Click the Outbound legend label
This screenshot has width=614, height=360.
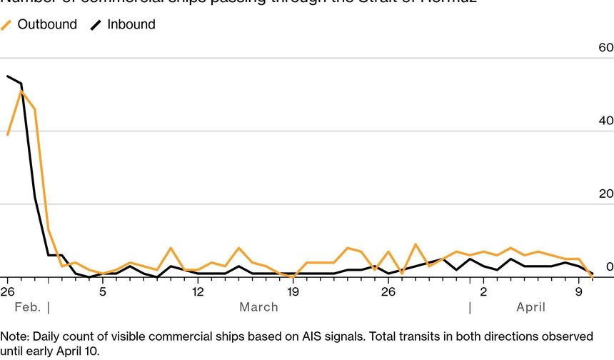[x=47, y=24]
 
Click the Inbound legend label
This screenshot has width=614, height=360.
[x=131, y=24]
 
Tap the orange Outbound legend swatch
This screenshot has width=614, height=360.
[x=7, y=25]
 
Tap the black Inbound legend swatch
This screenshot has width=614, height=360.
[x=96, y=25]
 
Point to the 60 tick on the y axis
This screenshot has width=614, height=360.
[x=605, y=48]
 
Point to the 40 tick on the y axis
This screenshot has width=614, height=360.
[x=605, y=121]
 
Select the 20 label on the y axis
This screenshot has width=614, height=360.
[x=605, y=194]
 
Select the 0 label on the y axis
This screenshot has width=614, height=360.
[x=609, y=266]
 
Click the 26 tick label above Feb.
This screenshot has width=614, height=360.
[x=8, y=291]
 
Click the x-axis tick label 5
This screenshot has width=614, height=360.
[x=103, y=291]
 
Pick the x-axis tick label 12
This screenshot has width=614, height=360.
[x=198, y=291]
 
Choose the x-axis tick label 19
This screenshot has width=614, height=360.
[x=293, y=291]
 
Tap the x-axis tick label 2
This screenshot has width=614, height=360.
[x=483, y=291]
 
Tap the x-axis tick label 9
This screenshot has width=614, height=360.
[x=578, y=291]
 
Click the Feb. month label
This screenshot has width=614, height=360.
[x=27, y=307]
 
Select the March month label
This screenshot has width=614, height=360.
[x=258, y=307]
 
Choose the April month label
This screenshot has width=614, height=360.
[x=530, y=307]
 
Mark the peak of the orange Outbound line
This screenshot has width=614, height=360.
[x=21, y=91]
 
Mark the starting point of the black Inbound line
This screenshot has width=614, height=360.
[x=8, y=76]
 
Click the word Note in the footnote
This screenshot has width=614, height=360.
[x=13, y=336]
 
